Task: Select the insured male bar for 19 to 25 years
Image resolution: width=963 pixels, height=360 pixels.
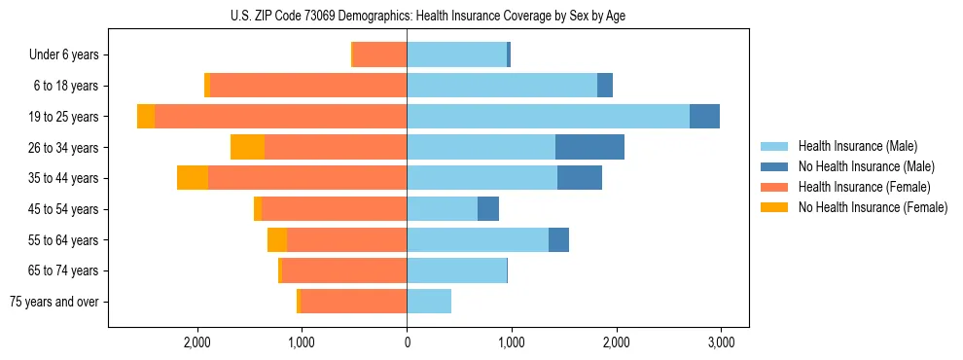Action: coord(548,117)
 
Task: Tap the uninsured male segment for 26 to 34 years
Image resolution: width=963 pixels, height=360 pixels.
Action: coord(589,147)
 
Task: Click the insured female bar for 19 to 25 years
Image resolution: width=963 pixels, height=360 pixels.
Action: coord(280,117)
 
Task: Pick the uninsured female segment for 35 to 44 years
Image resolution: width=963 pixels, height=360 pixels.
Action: coord(193,178)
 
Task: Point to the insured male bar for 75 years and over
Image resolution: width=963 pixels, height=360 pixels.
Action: coord(429,302)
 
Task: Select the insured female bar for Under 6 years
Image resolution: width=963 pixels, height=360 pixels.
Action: coord(379,55)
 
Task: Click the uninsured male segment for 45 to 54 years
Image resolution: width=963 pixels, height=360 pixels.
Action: coord(488,209)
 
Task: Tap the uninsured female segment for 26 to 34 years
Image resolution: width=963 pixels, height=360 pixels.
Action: coord(247,147)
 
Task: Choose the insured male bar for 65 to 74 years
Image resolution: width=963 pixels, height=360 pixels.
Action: coord(456,270)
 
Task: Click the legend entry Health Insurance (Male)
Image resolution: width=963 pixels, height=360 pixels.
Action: coord(857,146)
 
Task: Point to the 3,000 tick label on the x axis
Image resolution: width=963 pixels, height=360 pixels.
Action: coord(721,342)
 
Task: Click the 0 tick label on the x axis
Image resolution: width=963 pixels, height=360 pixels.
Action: coord(407,342)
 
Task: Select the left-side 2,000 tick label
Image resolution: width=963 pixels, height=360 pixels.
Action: coord(197,342)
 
